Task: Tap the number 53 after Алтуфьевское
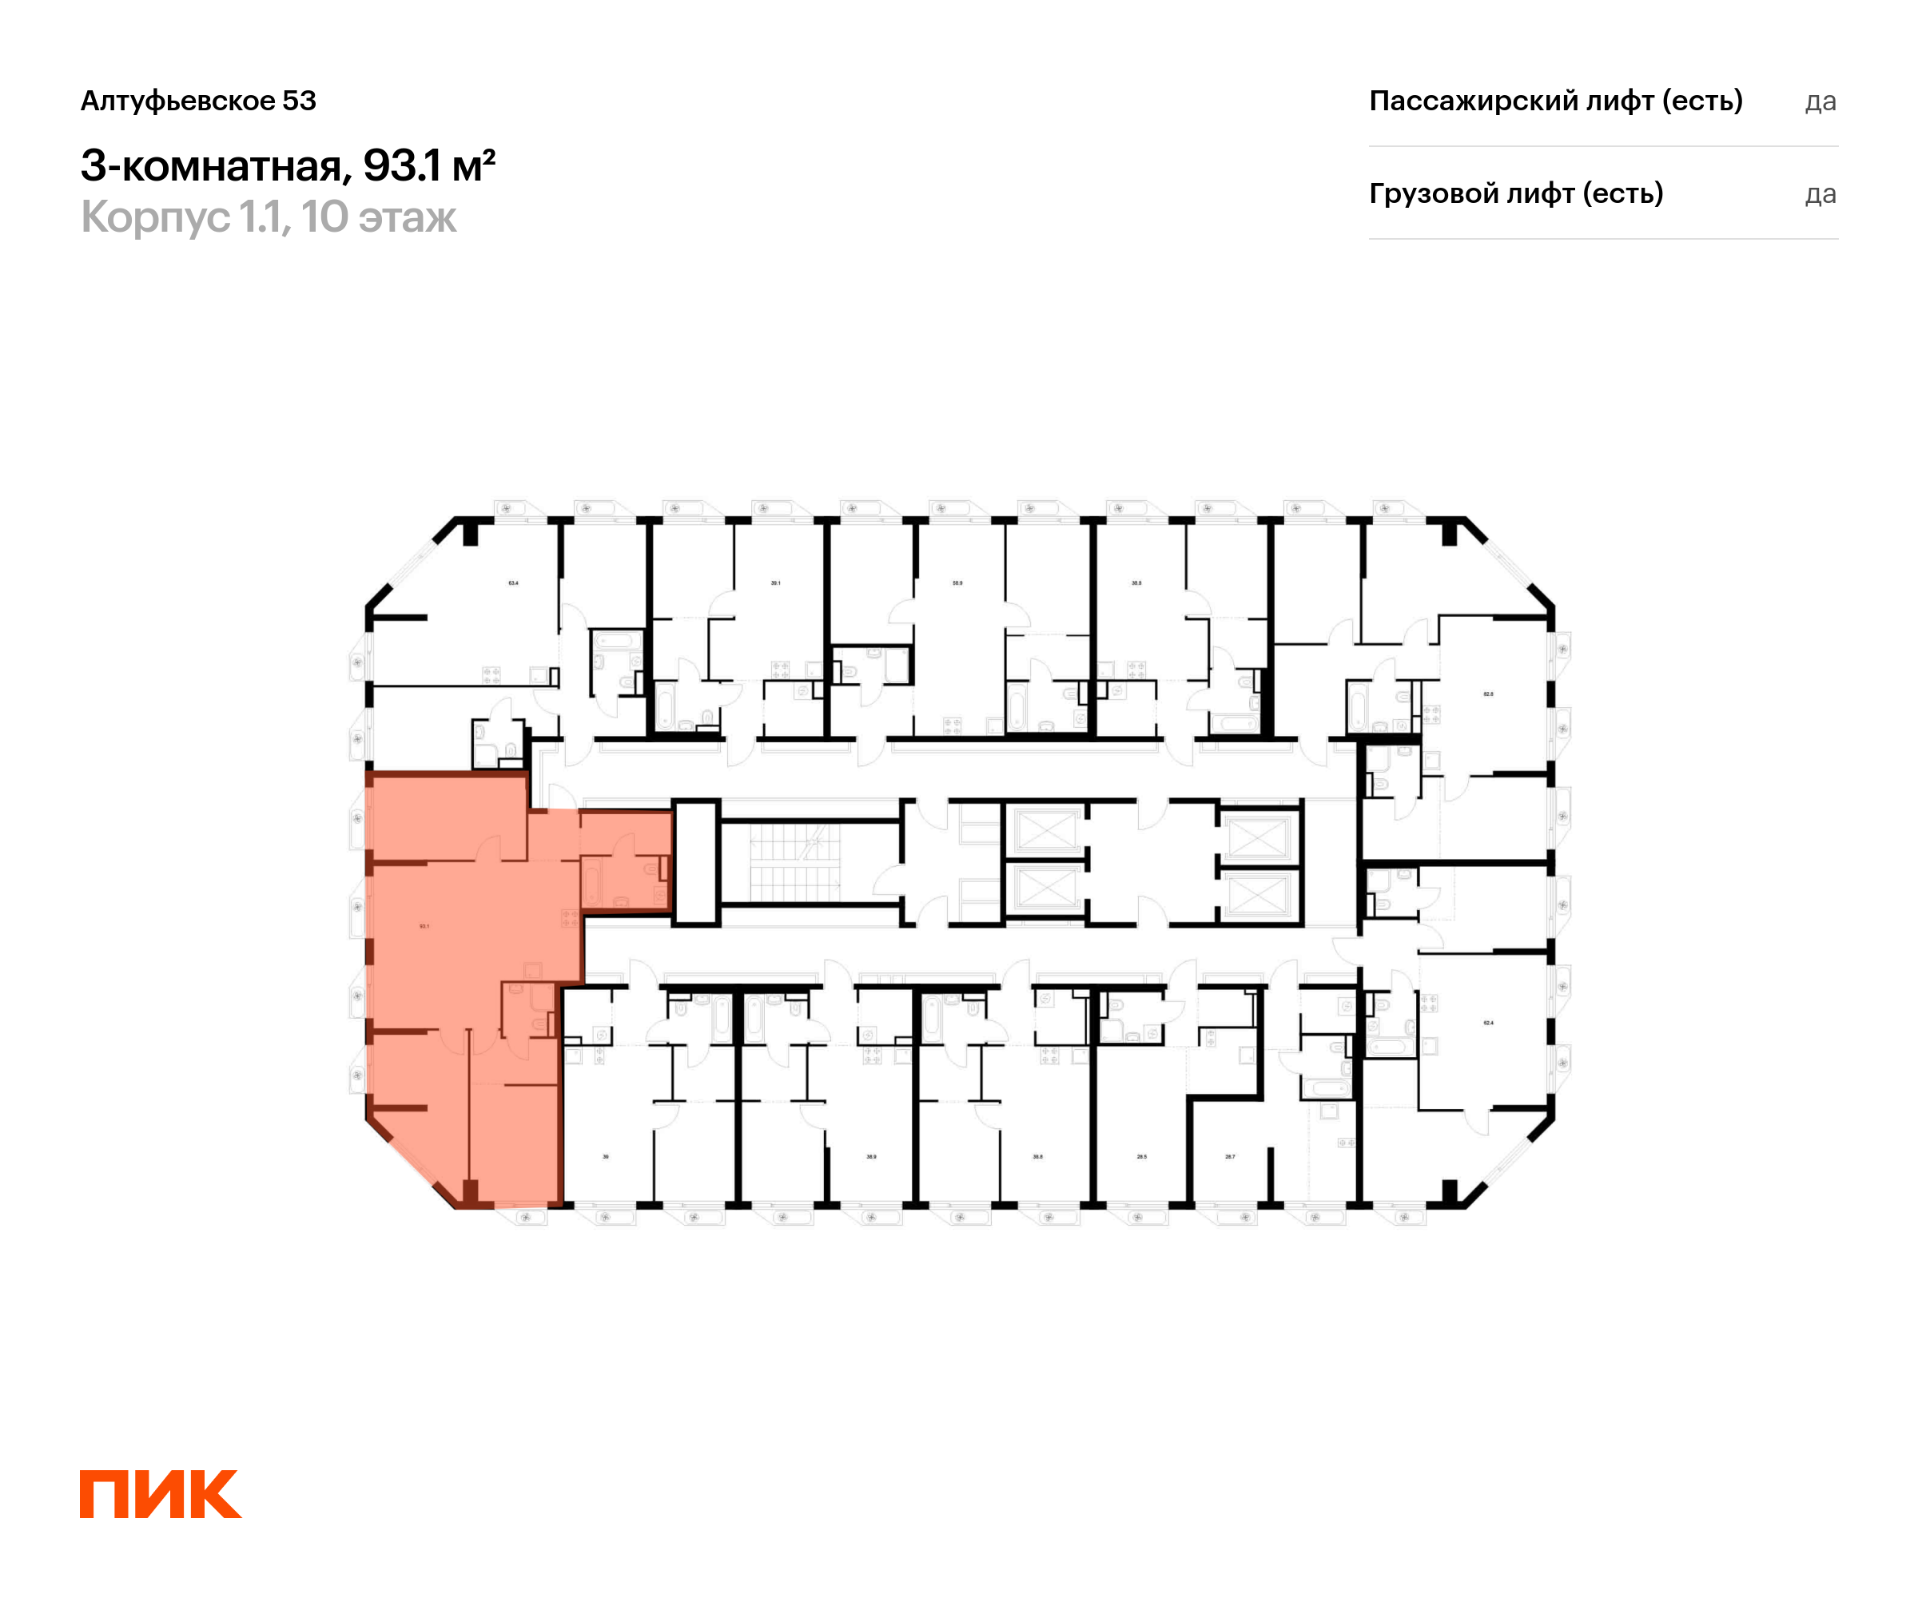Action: (299, 101)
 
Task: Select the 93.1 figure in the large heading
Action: (402, 165)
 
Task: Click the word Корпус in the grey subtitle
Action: (155, 217)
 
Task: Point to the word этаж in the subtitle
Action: (407, 217)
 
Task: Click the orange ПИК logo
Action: (161, 1494)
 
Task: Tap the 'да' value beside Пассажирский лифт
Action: (1820, 101)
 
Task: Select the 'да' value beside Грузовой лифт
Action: (1820, 194)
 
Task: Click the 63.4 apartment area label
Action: (513, 582)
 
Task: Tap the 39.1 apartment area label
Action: (775, 582)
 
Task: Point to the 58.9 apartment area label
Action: (957, 582)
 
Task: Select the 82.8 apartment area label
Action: (1488, 694)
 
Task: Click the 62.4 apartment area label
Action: (1488, 1023)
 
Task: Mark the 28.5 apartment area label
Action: (1142, 1157)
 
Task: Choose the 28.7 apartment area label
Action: (1230, 1157)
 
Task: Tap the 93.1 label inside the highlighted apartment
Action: (424, 926)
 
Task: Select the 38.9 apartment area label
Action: (871, 1157)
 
